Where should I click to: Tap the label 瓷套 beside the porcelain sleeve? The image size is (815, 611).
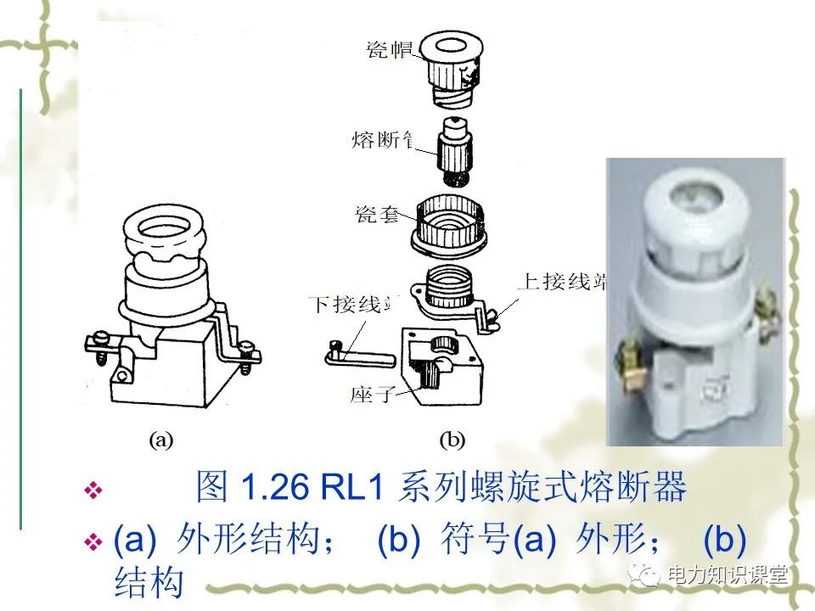coord(379,212)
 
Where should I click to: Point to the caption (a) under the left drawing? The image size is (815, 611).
coord(161,440)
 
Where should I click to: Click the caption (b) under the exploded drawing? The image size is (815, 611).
coord(452,440)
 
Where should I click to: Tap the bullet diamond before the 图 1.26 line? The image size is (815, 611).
coord(94,490)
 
